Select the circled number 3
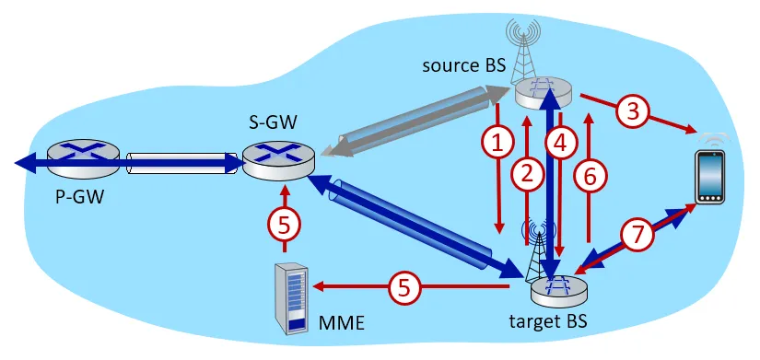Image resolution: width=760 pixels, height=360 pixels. pyautogui.click(x=632, y=111)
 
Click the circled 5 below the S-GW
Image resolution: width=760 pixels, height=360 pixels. pyautogui.click(x=285, y=224)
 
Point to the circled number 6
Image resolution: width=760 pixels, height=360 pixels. pyautogui.click(x=590, y=176)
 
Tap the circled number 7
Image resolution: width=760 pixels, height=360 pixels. pyautogui.click(x=637, y=235)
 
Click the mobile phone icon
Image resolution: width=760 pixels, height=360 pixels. pyautogui.click(x=710, y=177)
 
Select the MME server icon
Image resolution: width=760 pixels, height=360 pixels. pyautogui.click(x=291, y=298)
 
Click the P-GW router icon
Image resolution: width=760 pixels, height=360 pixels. pyautogui.click(x=83, y=157)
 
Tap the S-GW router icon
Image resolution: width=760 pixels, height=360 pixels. pyautogui.click(x=279, y=162)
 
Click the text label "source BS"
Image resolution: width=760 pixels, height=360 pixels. pyautogui.click(x=464, y=65)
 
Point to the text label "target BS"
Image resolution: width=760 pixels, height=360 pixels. pyautogui.click(x=548, y=320)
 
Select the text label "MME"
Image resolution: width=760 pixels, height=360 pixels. pyautogui.click(x=341, y=322)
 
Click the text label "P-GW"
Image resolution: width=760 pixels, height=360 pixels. pyautogui.click(x=79, y=197)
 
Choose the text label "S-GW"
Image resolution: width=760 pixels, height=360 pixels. pyautogui.click(x=272, y=124)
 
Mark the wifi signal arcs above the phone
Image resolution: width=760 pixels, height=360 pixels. pyautogui.click(x=710, y=138)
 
